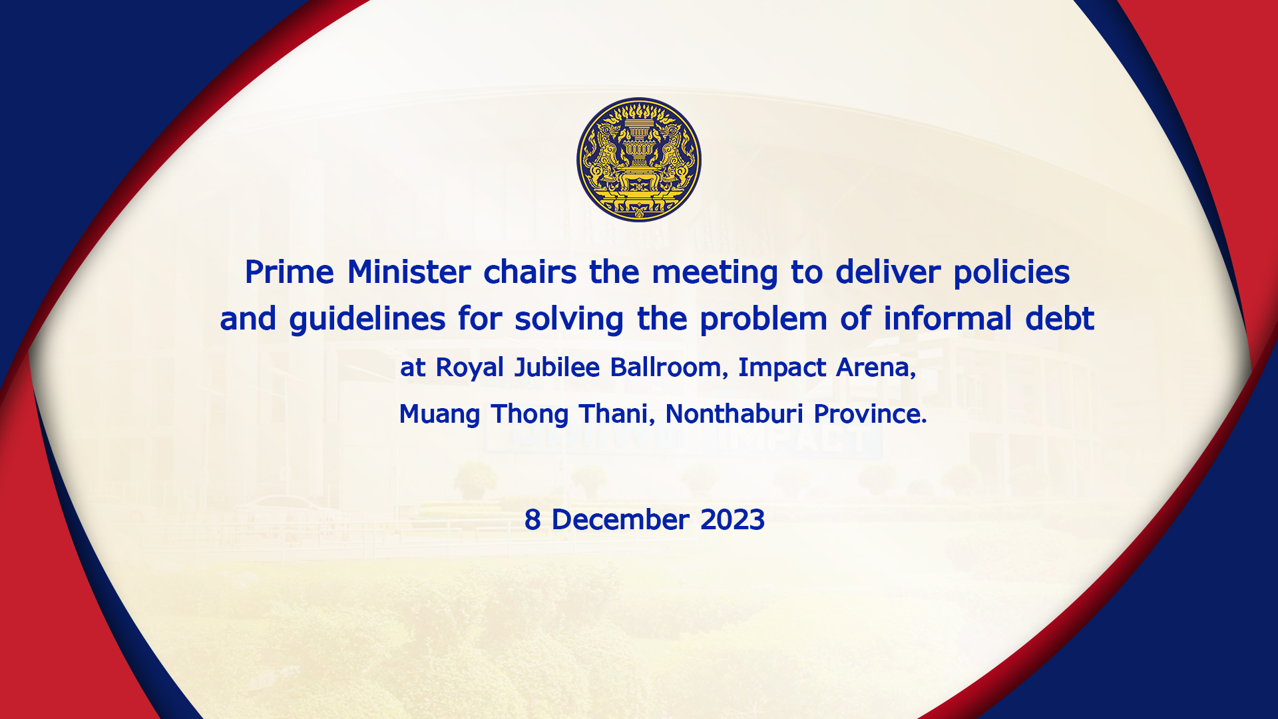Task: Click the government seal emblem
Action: (639, 160)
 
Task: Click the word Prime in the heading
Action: (290, 272)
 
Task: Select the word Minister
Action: (409, 272)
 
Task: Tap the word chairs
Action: (530, 272)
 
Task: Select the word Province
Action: (870, 414)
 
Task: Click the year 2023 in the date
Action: (732, 520)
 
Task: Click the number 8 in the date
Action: (532, 520)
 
